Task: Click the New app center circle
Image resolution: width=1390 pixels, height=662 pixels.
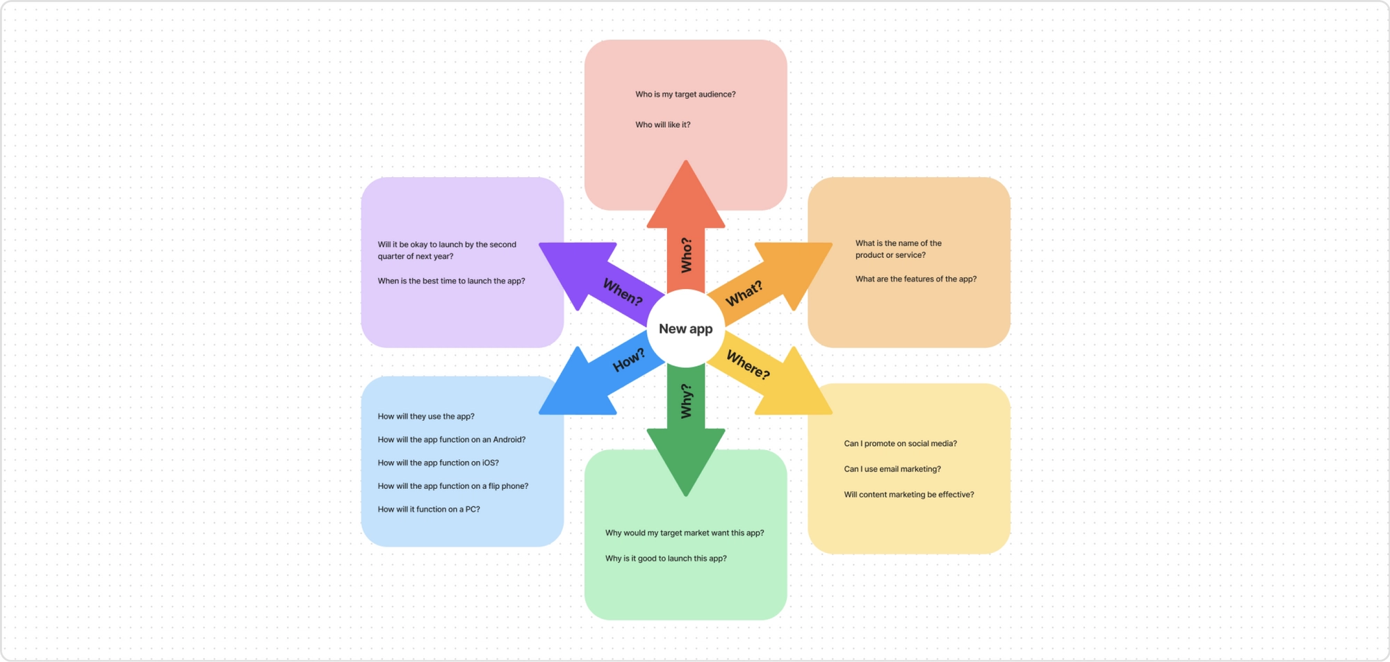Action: point(685,329)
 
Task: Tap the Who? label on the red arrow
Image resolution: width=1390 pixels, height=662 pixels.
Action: point(686,256)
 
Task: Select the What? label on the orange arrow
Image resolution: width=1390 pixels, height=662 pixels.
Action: point(744,293)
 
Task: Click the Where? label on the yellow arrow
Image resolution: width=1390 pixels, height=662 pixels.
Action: point(748,365)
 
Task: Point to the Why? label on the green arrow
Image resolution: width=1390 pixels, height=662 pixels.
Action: point(686,401)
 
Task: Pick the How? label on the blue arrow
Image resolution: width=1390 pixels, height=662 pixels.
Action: point(628,361)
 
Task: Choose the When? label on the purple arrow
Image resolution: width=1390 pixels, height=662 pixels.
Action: point(623,292)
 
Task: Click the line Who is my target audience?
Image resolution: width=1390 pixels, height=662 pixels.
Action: point(685,94)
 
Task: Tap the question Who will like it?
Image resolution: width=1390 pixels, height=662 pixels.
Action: point(662,125)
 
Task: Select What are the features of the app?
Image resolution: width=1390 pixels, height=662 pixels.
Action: point(915,279)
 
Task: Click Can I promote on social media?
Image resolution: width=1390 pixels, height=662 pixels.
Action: point(900,444)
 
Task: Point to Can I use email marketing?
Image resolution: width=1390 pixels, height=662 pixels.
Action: point(892,470)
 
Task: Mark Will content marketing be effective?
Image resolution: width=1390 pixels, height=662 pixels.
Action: point(908,495)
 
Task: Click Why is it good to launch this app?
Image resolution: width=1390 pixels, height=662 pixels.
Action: point(665,558)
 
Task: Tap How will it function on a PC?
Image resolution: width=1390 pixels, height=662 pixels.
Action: point(428,510)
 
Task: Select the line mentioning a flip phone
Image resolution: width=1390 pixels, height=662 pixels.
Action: point(452,486)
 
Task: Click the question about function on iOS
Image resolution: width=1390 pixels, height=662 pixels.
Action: point(438,463)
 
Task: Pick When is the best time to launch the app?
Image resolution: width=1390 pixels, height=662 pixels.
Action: point(451,281)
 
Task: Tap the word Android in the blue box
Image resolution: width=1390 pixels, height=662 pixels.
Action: point(509,440)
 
